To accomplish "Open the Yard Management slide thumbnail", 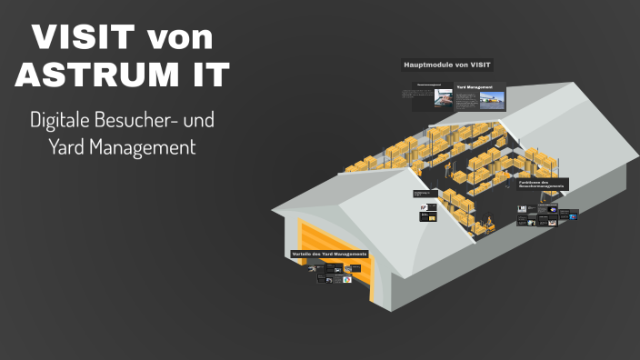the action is (x=480, y=98).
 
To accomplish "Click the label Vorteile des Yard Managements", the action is (x=329, y=253).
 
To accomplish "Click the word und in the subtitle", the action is (x=200, y=120).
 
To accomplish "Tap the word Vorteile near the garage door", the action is (x=303, y=253).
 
